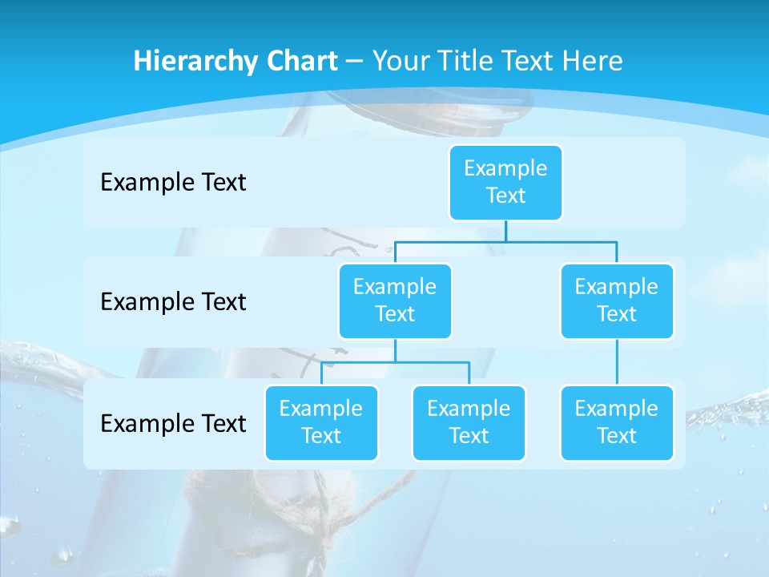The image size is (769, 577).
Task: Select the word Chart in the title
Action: coord(301,61)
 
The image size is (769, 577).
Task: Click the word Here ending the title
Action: coord(593,61)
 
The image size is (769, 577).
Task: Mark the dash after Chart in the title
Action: coord(354,62)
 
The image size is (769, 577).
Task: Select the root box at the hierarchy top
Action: coord(505,182)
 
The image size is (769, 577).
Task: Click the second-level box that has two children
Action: coord(395,301)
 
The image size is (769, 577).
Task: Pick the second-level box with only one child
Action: coord(617,301)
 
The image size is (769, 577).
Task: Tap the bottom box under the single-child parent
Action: coord(617,422)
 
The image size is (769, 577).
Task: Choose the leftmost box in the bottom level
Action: coord(321,422)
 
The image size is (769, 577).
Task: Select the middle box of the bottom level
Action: coord(469,422)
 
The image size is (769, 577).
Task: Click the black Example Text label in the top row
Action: coord(173,182)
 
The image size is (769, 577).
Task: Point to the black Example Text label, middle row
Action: coord(173,301)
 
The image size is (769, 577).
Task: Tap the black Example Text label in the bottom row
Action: coord(173,423)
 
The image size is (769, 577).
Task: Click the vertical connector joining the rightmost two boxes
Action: coord(617,362)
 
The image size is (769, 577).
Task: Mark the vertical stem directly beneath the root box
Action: coord(505,230)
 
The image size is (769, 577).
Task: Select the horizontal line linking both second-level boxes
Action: coord(505,240)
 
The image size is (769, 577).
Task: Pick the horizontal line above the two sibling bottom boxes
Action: coord(395,362)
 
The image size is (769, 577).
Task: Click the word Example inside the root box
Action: coord(505,168)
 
